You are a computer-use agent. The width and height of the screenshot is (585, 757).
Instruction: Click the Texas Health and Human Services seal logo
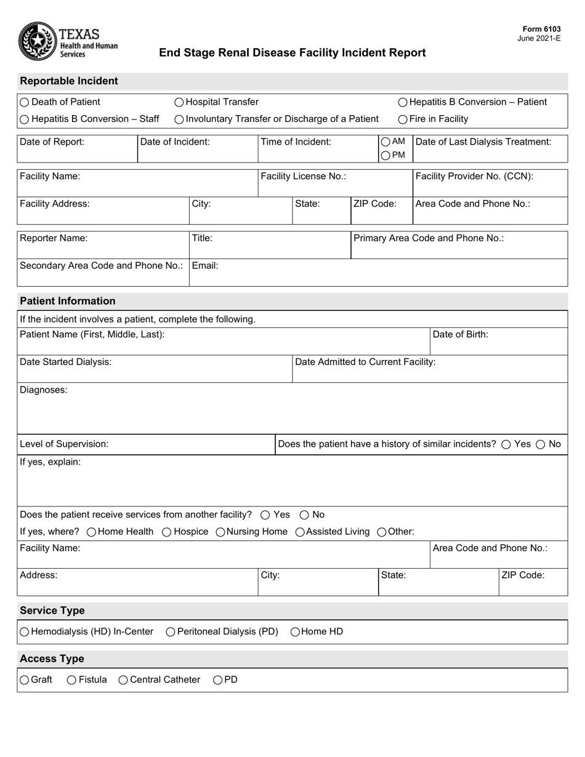click(x=38, y=41)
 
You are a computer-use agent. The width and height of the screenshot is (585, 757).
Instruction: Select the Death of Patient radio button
click(x=24, y=102)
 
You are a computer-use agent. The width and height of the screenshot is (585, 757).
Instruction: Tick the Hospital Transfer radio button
click(x=179, y=102)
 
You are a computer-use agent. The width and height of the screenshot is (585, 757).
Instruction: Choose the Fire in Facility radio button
click(x=403, y=119)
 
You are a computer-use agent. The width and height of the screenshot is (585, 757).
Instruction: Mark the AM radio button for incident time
click(x=385, y=142)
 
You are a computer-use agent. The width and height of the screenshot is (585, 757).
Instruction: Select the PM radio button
click(x=385, y=156)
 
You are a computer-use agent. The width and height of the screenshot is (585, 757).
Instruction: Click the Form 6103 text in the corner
click(x=541, y=29)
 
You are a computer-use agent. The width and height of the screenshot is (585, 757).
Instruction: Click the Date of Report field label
click(x=52, y=142)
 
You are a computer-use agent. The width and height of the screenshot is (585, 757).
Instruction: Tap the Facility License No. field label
click(x=303, y=176)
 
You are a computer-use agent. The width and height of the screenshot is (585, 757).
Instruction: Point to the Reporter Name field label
click(x=54, y=238)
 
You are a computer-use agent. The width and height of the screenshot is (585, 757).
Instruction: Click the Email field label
click(x=205, y=266)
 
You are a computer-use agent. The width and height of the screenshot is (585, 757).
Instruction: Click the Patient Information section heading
click(x=68, y=301)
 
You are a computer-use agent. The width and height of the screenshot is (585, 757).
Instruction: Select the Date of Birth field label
click(x=460, y=334)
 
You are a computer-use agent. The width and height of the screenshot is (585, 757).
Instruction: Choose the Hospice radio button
click(x=166, y=532)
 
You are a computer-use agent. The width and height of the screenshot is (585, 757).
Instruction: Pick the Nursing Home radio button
click(x=220, y=532)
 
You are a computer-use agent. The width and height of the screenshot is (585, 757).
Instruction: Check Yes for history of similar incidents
click(x=506, y=444)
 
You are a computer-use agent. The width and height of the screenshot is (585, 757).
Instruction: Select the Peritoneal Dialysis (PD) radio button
click(x=171, y=631)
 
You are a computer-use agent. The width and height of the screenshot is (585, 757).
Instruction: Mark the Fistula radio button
click(x=71, y=680)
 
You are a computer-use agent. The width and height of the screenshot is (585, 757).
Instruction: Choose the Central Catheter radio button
click(x=123, y=680)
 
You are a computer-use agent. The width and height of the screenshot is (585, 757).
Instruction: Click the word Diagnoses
click(x=44, y=390)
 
